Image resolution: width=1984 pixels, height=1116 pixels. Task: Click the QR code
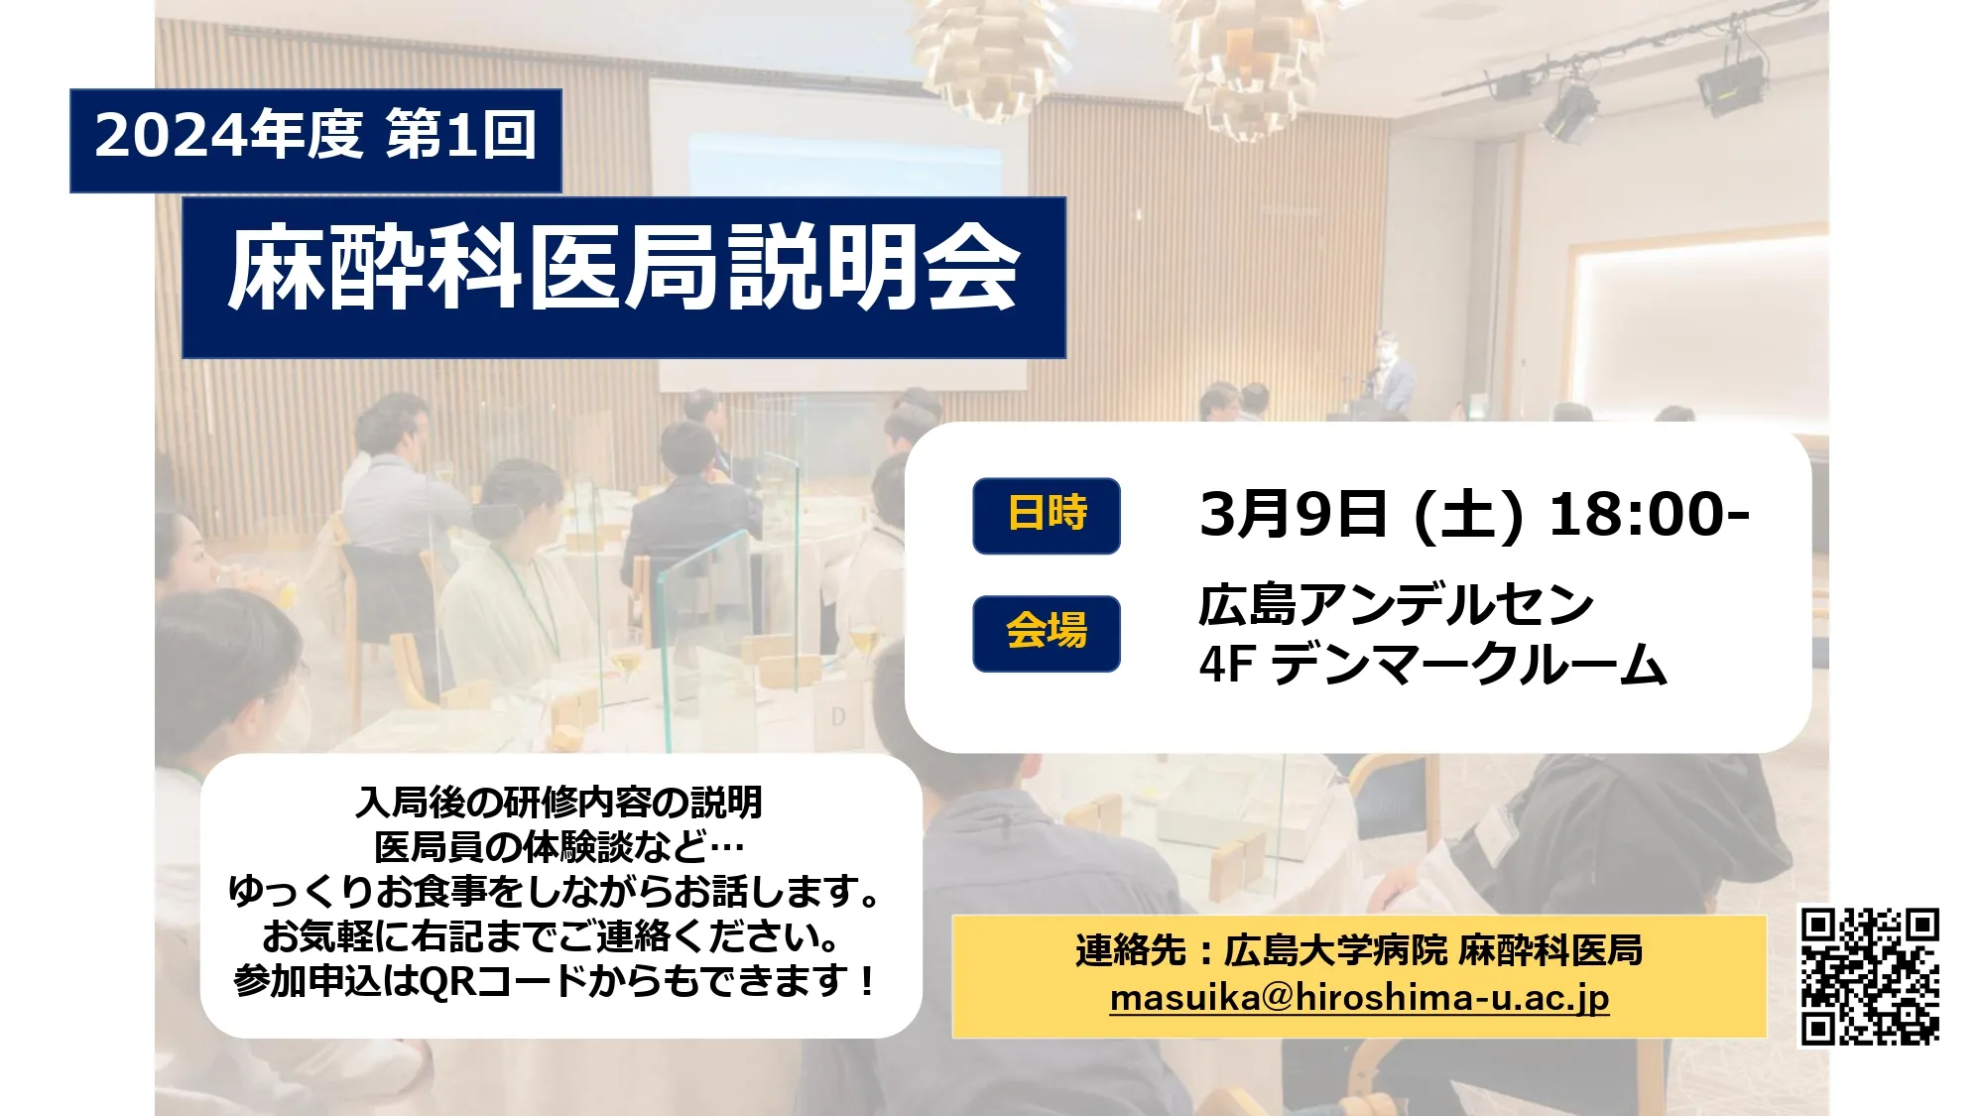coord(1870,976)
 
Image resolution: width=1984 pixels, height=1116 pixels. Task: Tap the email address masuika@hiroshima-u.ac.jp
coord(1359,998)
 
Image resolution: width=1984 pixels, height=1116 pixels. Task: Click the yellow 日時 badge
coord(1047,515)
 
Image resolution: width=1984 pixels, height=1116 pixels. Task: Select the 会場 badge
coord(1047,633)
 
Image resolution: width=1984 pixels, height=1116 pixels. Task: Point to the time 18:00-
coord(1648,515)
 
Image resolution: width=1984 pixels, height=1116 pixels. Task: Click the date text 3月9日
coord(1293,515)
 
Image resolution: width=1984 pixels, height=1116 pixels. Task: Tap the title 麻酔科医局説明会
coord(624,269)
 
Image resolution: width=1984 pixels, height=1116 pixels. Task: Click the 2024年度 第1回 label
coord(315,136)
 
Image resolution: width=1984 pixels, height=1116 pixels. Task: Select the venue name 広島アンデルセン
coord(1396,604)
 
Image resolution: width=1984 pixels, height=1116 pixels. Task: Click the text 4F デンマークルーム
coord(1432,664)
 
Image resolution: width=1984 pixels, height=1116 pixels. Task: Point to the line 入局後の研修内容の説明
coord(559,802)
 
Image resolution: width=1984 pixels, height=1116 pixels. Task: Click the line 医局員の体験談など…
coord(559,846)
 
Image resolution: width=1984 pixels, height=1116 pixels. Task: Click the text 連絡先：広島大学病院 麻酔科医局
coord(1359,950)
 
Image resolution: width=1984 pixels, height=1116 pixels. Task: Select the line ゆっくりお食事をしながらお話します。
coord(557,891)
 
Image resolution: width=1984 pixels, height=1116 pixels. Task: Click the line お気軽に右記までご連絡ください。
coord(554,935)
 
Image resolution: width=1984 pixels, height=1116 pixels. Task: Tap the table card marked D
coord(838,715)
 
